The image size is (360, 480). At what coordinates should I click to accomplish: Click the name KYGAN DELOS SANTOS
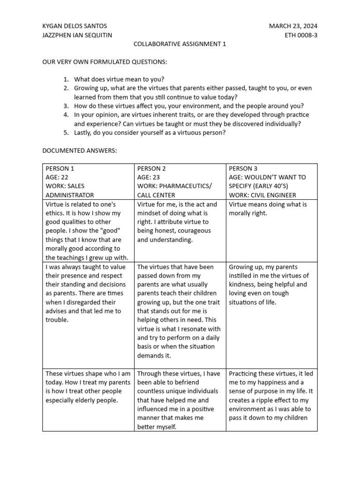pyautogui.click(x=75, y=26)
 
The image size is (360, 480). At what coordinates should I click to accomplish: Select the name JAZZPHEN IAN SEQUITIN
pyautogui.click(x=77, y=35)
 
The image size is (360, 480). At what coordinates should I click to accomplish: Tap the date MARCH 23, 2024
pyautogui.click(x=293, y=26)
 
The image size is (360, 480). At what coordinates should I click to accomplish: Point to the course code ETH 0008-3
pyautogui.click(x=301, y=35)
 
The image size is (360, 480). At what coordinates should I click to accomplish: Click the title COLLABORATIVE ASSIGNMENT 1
pyautogui.click(x=180, y=44)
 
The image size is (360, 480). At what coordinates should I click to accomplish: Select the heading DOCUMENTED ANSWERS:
pyautogui.click(x=80, y=150)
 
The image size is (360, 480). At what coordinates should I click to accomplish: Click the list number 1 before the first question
pyautogui.click(x=66, y=79)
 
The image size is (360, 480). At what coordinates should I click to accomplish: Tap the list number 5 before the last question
pyautogui.click(x=66, y=133)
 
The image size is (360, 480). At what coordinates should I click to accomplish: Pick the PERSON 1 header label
pyautogui.click(x=60, y=168)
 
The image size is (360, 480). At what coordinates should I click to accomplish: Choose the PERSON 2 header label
pyautogui.click(x=151, y=168)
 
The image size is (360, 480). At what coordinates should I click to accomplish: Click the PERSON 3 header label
pyautogui.click(x=243, y=168)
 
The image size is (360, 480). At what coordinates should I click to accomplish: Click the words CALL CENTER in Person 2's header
pyautogui.click(x=156, y=195)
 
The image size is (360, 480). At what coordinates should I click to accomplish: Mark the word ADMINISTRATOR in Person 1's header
pyautogui.click(x=70, y=195)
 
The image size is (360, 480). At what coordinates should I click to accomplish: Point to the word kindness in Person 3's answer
pyautogui.click(x=241, y=284)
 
